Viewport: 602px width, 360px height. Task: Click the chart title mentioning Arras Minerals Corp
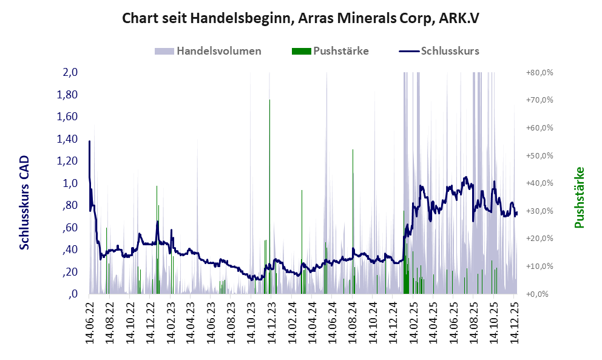pyautogui.click(x=301, y=18)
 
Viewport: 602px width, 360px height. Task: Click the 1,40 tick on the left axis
pyautogui.click(x=67, y=139)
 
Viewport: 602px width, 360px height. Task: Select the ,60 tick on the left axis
pyautogui.click(x=69, y=228)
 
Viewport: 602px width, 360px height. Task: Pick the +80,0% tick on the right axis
pyautogui.click(x=539, y=73)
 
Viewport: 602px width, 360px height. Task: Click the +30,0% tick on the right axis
pyautogui.click(x=539, y=211)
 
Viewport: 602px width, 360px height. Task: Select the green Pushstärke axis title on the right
pyautogui.click(x=579, y=197)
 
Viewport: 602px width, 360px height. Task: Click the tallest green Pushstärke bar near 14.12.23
pyautogui.click(x=269, y=194)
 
